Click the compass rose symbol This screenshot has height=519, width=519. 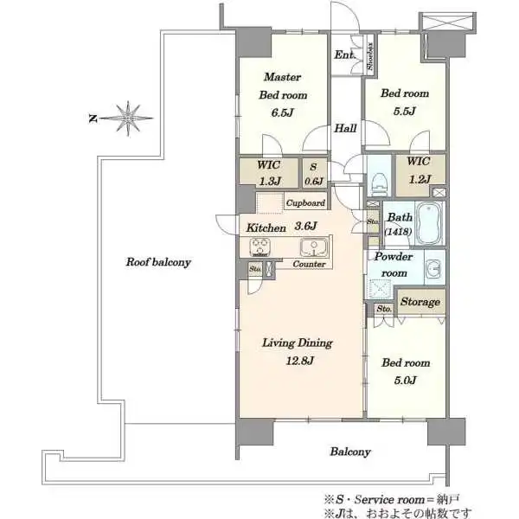click(127, 119)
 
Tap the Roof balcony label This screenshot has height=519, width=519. click(158, 262)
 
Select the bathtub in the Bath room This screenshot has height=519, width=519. click(429, 224)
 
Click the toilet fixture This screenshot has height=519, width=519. click(378, 184)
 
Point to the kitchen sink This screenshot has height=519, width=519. click(313, 247)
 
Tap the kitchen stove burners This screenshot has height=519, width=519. click(260, 247)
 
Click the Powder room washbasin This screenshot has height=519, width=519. click(433, 267)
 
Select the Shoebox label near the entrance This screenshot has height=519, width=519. click(370, 56)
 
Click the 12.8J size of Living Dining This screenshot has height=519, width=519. click(300, 361)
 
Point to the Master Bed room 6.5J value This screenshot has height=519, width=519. click(283, 112)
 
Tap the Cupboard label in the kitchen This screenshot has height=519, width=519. click(305, 203)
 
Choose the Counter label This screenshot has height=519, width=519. click(309, 264)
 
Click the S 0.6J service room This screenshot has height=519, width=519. click(313, 174)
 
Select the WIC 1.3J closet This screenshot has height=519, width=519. click(269, 172)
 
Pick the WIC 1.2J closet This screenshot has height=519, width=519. click(420, 170)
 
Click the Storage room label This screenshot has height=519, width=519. click(420, 302)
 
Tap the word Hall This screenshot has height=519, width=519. click(345, 128)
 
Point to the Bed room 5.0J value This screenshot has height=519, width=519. click(405, 380)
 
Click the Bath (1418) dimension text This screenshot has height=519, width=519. click(398, 232)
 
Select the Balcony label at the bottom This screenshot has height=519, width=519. click(350, 452)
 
